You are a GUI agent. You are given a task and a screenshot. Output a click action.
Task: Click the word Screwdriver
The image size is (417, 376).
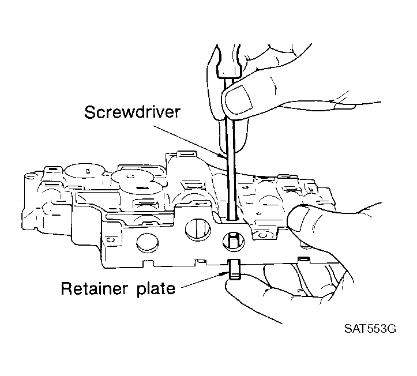point(132,112)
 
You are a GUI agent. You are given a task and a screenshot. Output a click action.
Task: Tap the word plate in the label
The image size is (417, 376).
point(156,289)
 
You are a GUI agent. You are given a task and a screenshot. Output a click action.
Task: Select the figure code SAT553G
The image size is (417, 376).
point(370,329)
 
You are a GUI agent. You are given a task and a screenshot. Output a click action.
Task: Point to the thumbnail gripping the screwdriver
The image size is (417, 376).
point(239,99)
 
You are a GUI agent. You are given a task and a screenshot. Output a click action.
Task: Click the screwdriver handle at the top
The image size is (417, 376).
point(229,61)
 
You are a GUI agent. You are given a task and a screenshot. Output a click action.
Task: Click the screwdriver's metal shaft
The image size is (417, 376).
point(231,149)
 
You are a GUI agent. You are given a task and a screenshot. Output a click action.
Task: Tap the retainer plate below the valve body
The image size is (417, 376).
point(234,269)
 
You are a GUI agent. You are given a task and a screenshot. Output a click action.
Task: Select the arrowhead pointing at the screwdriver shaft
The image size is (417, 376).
point(221,156)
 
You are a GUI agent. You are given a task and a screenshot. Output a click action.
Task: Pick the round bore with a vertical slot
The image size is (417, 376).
point(197,229)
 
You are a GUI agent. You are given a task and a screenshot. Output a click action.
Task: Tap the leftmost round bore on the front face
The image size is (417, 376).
point(147,243)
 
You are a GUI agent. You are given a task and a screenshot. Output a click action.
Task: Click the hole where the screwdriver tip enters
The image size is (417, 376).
point(232,220)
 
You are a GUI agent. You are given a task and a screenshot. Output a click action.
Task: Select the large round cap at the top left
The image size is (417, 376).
point(85,172)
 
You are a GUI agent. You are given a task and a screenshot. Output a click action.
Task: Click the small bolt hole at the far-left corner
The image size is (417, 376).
point(30,176)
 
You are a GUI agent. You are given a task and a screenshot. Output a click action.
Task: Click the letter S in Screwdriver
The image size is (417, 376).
point(89,112)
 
